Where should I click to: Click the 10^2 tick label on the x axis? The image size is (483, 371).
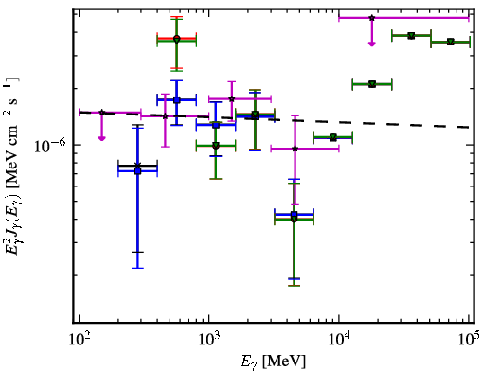pyautogui.click(x=80, y=339)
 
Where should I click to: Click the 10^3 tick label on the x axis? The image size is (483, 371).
pyautogui.click(x=209, y=339)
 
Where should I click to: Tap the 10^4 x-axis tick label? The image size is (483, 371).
pyautogui.click(x=339, y=339)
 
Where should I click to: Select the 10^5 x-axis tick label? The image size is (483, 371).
pyautogui.click(x=469, y=339)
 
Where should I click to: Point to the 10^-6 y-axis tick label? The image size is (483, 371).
pyautogui.click(x=50, y=145)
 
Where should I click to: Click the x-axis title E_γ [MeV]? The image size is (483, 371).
pyautogui.click(x=273, y=362)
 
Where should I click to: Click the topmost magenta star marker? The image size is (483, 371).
pyautogui.click(x=372, y=18)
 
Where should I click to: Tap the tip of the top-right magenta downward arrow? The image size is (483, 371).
pyautogui.click(x=372, y=46)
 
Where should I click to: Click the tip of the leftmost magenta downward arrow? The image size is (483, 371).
pyautogui.click(x=101, y=141)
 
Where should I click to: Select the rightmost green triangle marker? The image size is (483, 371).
pyautogui.click(x=451, y=42)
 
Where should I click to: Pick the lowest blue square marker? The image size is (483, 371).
pyautogui.click(x=294, y=215)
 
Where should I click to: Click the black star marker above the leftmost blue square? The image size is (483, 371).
pyautogui.click(x=137, y=166)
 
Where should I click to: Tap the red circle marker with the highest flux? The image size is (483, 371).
pyautogui.click(x=177, y=39)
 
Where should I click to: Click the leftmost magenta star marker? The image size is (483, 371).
pyautogui.click(x=101, y=113)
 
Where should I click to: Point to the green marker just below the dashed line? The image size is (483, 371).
pyautogui.click(x=333, y=137)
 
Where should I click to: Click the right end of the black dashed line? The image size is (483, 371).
pyautogui.click(x=469, y=127)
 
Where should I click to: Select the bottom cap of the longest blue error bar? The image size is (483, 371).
pyautogui.click(x=137, y=268)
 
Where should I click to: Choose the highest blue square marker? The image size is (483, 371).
pyautogui.click(x=177, y=100)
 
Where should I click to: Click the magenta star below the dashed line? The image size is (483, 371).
pyautogui.click(x=295, y=149)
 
